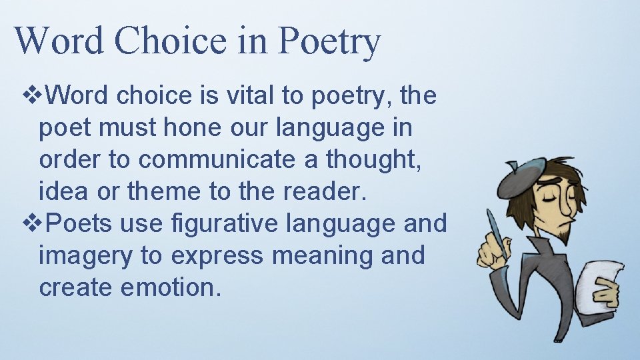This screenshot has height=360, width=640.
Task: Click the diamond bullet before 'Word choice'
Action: pyautogui.click(x=31, y=96)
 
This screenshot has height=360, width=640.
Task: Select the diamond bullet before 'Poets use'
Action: pyautogui.click(x=31, y=224)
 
